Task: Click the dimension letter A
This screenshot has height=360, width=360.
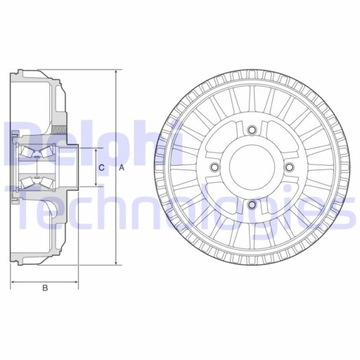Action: (121, 168)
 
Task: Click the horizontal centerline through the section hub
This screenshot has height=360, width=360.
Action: (60, 168)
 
